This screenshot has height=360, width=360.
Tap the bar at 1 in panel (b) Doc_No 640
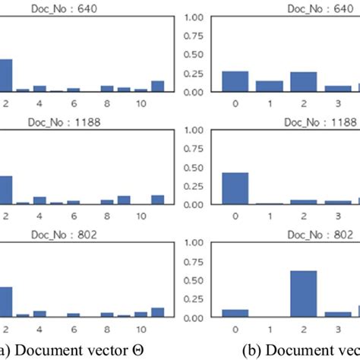[267, 86]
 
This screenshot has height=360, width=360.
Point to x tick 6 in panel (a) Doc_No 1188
[72, 216]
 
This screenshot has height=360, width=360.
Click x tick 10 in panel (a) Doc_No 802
[141, 329]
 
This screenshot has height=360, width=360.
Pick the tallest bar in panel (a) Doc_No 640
[3, 75]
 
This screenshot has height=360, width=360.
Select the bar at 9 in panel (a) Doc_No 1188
[124, 200]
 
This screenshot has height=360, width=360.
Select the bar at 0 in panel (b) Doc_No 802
[235, 313]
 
